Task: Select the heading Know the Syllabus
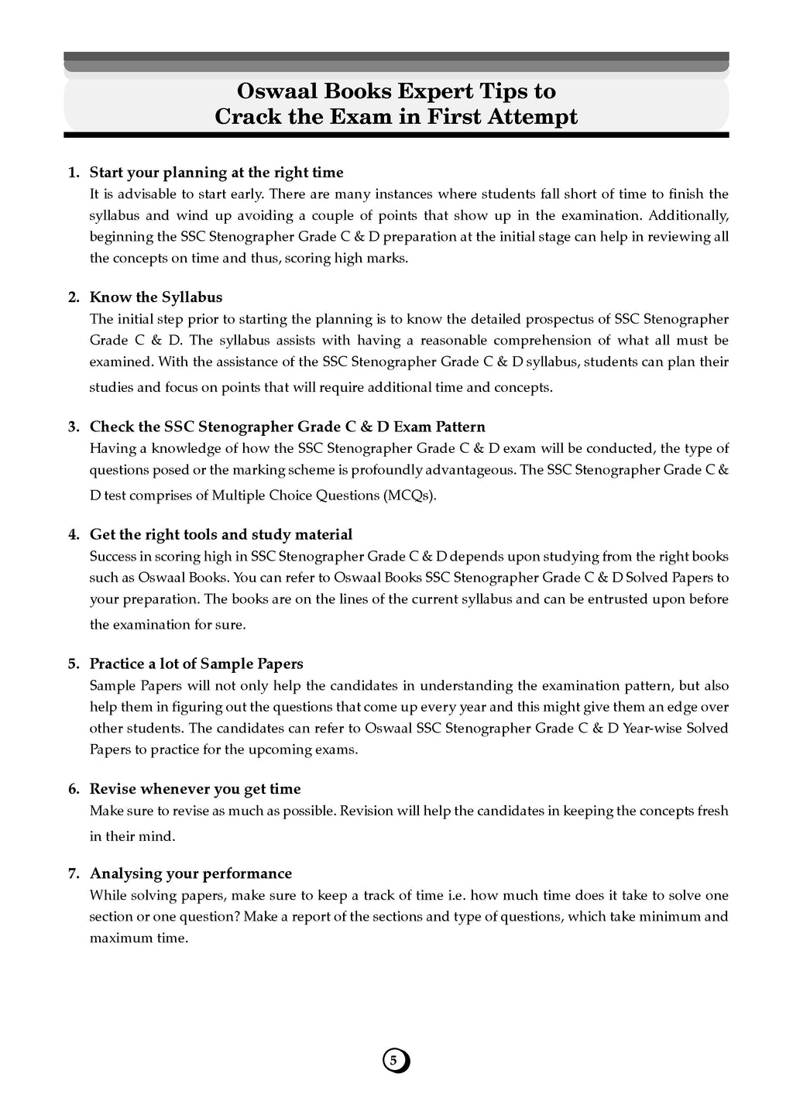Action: click(x=156, y=297)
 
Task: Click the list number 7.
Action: click(x=74, y=873)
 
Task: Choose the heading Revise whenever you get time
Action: click(x=195, y=789)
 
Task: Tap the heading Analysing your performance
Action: click(x=191, y=873)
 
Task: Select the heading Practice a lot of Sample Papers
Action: click(x=196, y=664)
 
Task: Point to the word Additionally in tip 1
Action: click(x=688, y=215)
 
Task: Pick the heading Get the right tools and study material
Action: click(x=221, y=534)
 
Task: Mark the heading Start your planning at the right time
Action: click(x=216, y=172)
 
